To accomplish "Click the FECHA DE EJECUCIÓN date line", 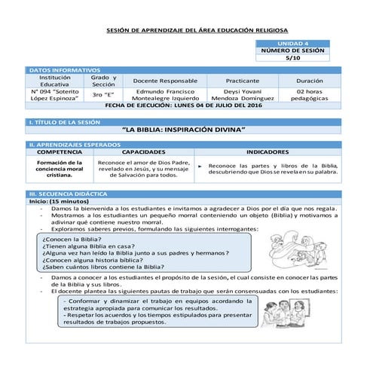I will [x=185, y=106].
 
